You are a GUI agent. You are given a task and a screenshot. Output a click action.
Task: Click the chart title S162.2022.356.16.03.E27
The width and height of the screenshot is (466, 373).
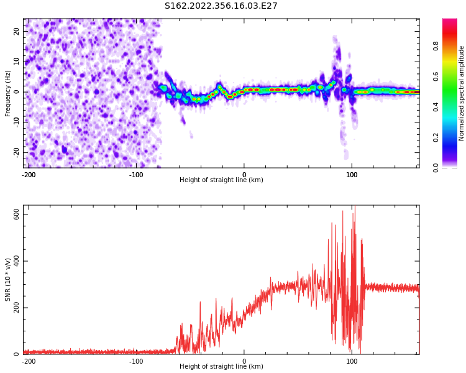coord(221,6)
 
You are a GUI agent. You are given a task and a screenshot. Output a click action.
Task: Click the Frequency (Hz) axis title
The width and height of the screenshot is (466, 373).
coord(8,93)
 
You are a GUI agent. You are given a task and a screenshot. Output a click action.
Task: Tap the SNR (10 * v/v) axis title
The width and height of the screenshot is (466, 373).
coord(8,280)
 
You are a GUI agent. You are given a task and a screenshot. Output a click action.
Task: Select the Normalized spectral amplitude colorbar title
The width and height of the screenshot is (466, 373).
coord(462,93)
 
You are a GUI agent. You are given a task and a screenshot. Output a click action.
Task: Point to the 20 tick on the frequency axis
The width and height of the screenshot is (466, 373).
coord(17,31)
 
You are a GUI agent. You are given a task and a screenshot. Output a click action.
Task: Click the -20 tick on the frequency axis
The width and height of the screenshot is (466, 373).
coord(16,152)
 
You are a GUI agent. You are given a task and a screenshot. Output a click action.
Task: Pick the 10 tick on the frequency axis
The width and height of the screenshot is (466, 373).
coord(17,62)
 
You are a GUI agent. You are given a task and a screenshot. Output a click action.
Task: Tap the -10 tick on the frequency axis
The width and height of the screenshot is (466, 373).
coord(16,122)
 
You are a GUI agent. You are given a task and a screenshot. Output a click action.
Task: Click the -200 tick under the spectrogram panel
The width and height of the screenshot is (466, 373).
coord(28,175)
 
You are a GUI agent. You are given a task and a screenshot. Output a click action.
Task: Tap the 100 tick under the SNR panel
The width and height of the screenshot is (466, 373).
coord(352,361)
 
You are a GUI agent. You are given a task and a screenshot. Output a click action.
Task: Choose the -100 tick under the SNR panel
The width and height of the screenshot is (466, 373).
coord(135,361)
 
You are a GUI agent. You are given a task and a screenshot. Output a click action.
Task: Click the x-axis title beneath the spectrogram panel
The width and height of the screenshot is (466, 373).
coord(221,180)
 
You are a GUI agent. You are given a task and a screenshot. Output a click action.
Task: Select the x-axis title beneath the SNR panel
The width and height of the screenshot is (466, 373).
coord(221,367)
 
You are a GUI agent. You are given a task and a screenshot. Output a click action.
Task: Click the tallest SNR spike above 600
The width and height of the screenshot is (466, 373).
coord(354,208)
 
